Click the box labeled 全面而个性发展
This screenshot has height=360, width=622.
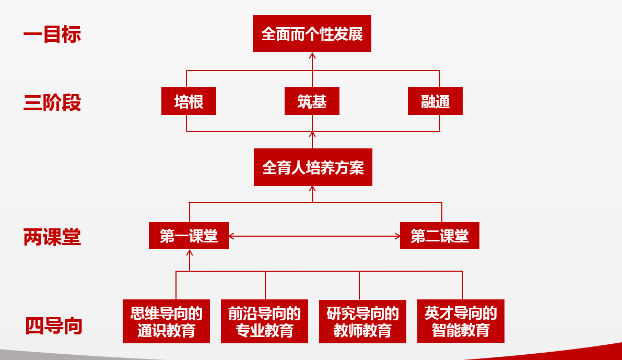(x=312, y=33)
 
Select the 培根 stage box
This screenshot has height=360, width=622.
(x=189, y=101)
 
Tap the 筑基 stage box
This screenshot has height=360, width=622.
(x=312, y=101)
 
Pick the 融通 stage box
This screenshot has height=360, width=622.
(x=435, y=101)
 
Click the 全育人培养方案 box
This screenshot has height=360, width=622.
(x=313, y=167)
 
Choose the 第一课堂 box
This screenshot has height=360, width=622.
(x=189, y=236)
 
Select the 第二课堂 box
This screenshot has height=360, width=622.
(x=439, y=236)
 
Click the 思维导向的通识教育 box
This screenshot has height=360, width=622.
(x=166, y=321)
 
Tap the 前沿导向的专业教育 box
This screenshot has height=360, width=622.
(x=264, y=321)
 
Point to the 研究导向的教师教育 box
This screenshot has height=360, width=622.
(x=362, y=321)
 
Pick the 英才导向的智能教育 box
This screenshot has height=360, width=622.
(x=461, y=321)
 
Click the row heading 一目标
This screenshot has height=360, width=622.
(x=52, y=34)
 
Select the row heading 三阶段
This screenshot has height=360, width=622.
(x=52, y=102)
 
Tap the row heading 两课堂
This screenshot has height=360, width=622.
(x=52, y=237)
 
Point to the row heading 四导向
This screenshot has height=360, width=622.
(x=54, y=326)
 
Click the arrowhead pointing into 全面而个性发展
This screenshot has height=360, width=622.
(x=312, y=55)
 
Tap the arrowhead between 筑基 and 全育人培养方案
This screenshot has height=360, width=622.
(x=312, y=135)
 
